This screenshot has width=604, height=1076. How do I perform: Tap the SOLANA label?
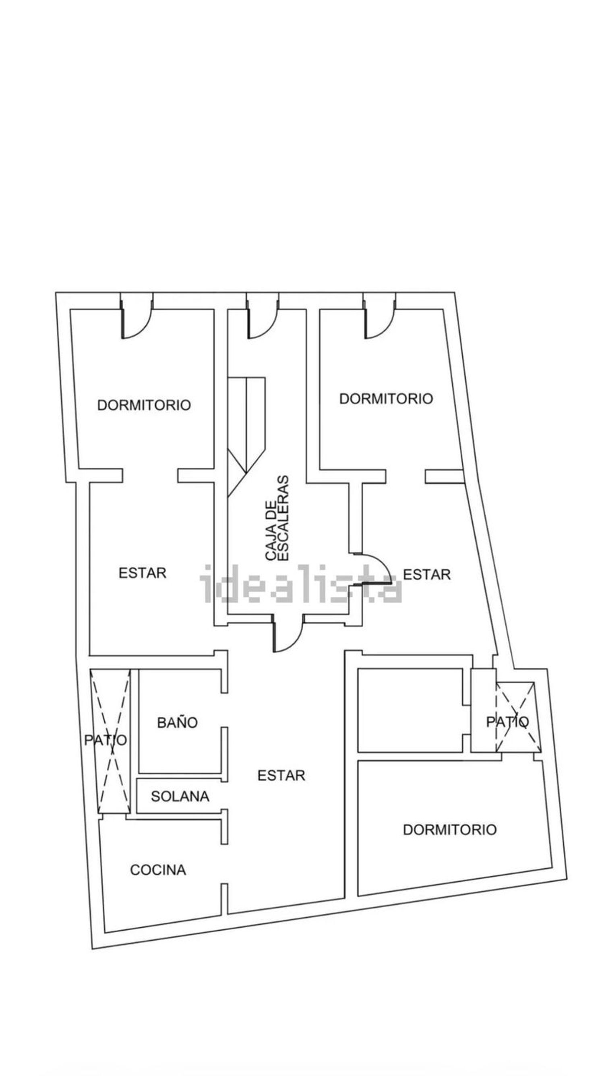click(x=180, y=796)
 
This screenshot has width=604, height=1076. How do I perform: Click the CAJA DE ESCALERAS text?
click(x=277, y=517)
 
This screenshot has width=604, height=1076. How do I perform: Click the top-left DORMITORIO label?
click(x=144, y=405)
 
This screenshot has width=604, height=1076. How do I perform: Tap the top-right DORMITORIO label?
click(x=385, y=399)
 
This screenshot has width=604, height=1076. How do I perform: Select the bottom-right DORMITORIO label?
click(x=449, y=830)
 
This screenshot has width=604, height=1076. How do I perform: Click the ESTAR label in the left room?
click(x=143, y=573)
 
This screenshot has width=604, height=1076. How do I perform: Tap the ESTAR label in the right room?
click(x=426, y=575)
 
